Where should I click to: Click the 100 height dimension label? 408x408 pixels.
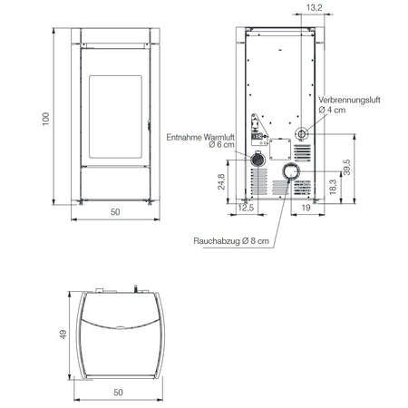(x=45, y=119)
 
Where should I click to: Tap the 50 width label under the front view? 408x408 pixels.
(x=115, y=212)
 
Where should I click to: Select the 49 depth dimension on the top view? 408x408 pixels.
(x=63, y=335)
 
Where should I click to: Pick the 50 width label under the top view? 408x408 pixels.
(x=118, y=393)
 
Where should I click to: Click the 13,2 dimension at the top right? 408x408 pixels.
(x=315, y=8)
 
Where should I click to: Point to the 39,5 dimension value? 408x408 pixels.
(x=347, y=167)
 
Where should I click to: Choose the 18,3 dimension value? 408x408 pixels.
(x=333, y=187)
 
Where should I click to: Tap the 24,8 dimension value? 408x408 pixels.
(x=221, y=181)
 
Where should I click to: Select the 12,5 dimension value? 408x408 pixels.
(x=246, y=208)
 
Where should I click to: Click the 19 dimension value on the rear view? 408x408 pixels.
(x=306, y=208)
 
